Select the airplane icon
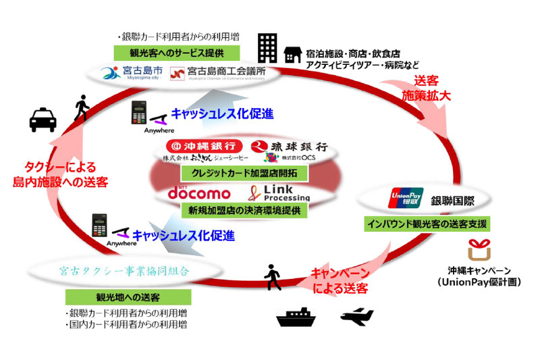pos(357,315)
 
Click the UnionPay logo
pos(406,199)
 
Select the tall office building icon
pos(267,48)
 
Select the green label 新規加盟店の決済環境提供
pos(244,210)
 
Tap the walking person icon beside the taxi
pos(82,109)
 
